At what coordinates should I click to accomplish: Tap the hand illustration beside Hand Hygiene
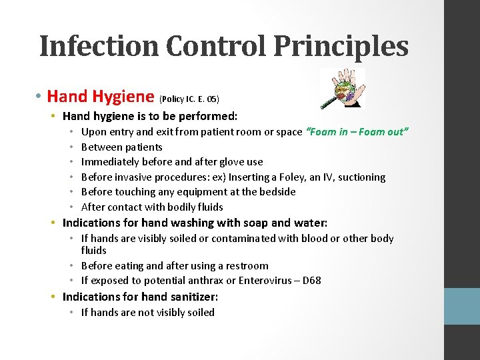[x=343, y=88]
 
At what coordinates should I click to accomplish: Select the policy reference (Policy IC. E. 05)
[x=189, y=99]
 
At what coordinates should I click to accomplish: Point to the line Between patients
[x=121, y=147]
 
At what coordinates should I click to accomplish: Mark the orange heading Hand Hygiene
[x=101, y=97]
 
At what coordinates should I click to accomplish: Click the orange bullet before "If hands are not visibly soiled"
[x=75, y=313]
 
